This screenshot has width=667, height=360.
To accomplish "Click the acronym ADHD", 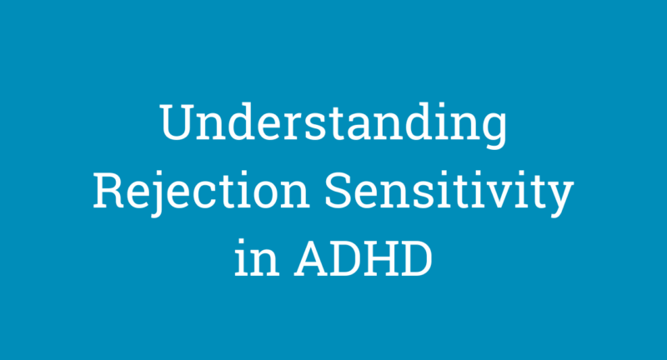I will (x=365, y=259).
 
